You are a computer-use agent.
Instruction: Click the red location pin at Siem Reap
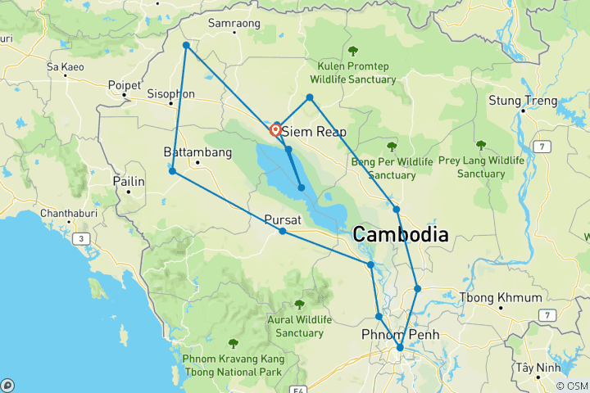click(x=276, y=129)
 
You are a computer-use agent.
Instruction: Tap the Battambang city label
click(x=192, y=152)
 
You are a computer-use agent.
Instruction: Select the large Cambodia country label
click(x=401, y=235)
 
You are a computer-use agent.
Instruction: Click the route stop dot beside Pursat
click(x=283, y=232)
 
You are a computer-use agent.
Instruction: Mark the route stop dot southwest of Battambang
click(x=172, y=171)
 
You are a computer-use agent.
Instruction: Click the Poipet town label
click(x=126, y=84)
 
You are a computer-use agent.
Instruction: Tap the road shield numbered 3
click(x=83, y=238)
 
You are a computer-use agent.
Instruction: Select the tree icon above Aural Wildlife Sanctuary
click(x=299, y=304)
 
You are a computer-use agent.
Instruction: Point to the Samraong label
click(x=234, y=24)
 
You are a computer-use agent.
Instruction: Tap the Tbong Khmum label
click(x=501, y=297)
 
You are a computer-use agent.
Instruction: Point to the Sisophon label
click(x=170, y=94)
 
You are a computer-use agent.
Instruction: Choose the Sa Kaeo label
click(x=66, y=65)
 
